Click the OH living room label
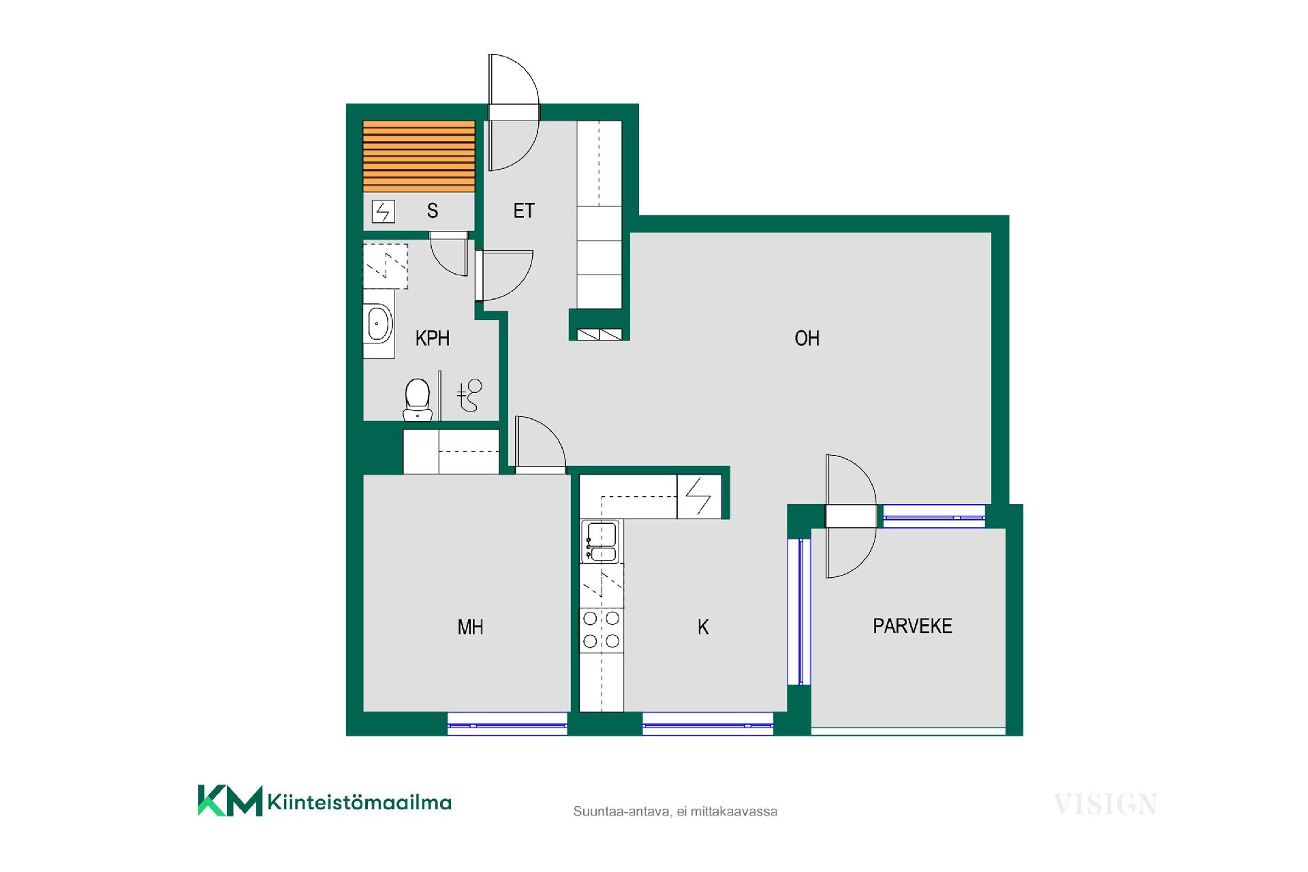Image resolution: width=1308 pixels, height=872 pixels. click(807, 339)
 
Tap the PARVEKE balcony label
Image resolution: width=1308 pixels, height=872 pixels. click(912, 626)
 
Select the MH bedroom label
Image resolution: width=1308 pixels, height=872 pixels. click(470, 627)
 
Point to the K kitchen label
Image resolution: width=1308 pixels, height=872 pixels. click(703, 627)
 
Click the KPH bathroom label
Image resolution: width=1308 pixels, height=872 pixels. click(433, 339)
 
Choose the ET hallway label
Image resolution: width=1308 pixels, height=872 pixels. click(524, 211)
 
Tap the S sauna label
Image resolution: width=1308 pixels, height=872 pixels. click(433, 211)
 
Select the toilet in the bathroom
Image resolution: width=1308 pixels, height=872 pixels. click(417, 400)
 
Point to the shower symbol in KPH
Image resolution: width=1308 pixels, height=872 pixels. click(469, 395)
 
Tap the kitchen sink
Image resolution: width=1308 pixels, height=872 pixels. click(599, 542)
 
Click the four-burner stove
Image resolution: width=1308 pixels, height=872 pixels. click(602, 629)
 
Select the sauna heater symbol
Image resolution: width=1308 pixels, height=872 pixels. click(384, 212)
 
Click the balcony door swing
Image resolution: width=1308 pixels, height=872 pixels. click(850, 516)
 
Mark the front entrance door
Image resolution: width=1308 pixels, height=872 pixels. click(514, 112)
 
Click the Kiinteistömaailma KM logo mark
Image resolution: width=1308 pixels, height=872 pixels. click(230, 800)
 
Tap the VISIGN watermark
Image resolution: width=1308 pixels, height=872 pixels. click(1105, 805)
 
